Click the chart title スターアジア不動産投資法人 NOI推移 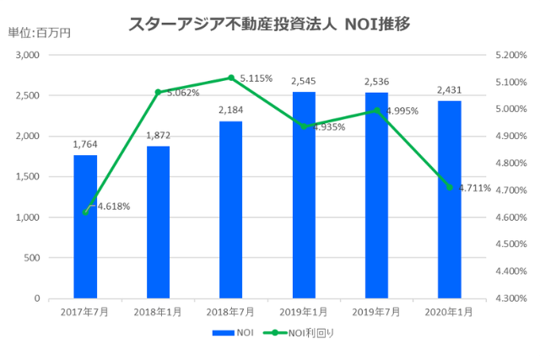[x=268, y=24]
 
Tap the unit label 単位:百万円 [x=39, y=33]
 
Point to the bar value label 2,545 [x=304, y=81]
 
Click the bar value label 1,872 [x=158, y=136]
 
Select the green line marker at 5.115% [x=231, y=78]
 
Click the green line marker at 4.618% [x=85, y=212]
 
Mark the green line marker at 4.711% [x=449, y=187]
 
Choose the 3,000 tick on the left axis [x=29, y=55]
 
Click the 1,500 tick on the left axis [x=29, y=177]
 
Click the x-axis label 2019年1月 [x=304, y=312]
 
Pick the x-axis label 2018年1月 [x=158, y=312]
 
